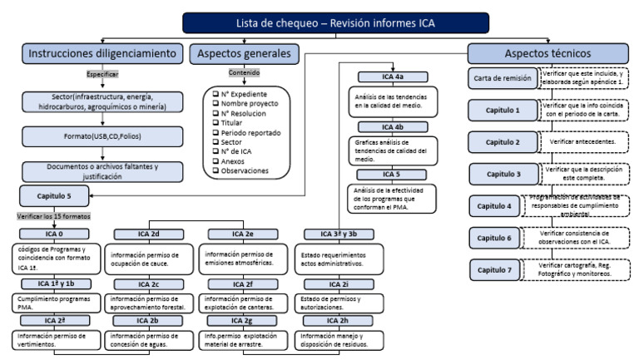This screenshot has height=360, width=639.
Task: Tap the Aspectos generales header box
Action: (244, 53)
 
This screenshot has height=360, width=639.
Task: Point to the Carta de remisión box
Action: (499, 79)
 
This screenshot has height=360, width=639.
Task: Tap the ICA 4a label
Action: (387, 76)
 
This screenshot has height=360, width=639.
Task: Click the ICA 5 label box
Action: (387, 175)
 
